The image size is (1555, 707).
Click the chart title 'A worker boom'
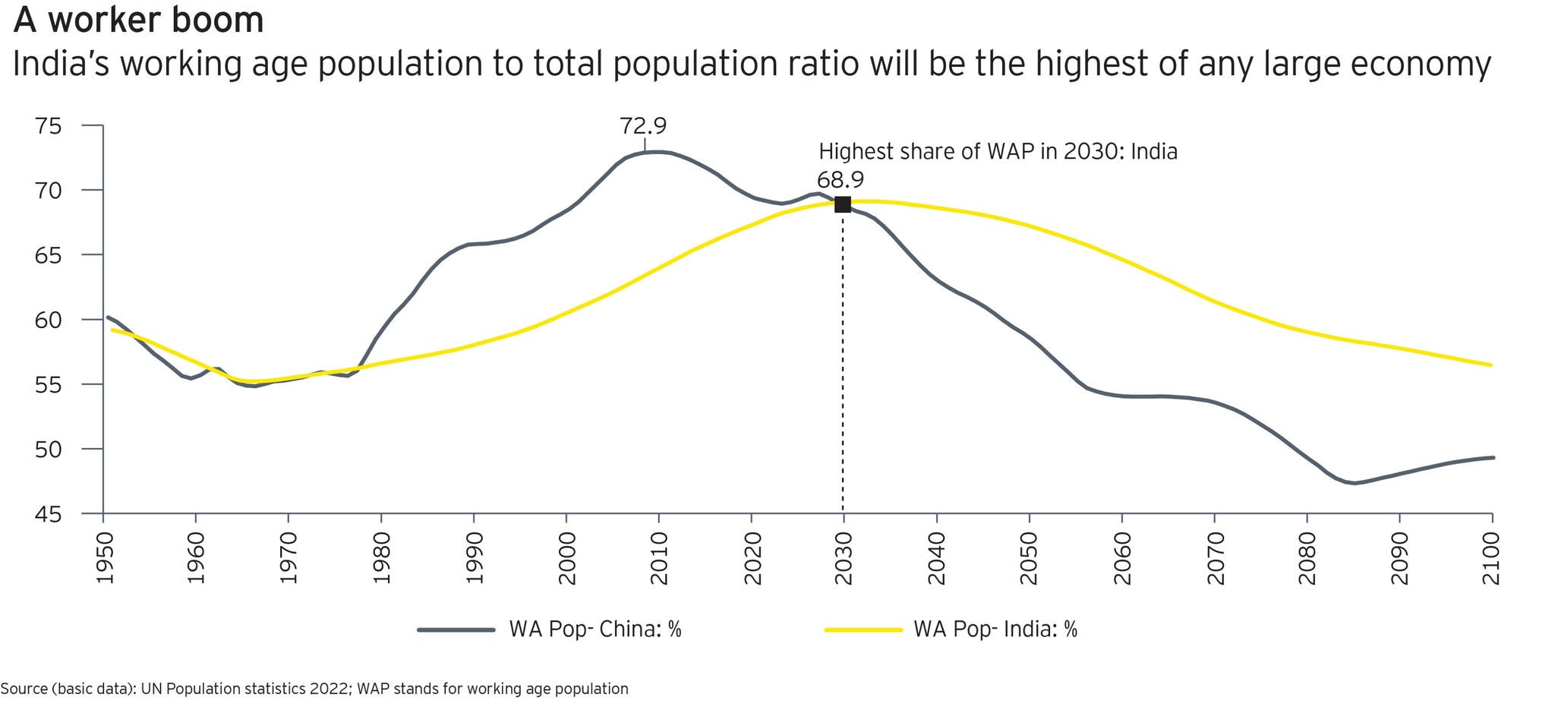[139, 21]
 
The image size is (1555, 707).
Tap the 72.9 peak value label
[643, 125]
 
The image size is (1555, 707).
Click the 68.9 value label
[840, 180]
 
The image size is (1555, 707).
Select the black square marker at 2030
[843, 204]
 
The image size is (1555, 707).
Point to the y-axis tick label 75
[48, 125]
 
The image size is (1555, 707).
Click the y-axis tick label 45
[48, 514]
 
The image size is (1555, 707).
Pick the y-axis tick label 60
[48, 320]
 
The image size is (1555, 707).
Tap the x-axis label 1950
[104, 559]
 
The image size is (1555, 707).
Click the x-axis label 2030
[844, 559]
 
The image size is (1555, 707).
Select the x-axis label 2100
[1492, 559]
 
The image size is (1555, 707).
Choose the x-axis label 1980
[382, 559]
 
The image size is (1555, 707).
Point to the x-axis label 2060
[1121, 559]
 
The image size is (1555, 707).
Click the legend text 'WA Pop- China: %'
[595, 630]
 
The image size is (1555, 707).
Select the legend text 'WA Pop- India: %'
[995, 630]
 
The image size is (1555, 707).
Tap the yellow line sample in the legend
[863, 630]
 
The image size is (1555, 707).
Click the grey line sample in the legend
[456, 630]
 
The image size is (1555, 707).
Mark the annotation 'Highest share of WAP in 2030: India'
[998, 152]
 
